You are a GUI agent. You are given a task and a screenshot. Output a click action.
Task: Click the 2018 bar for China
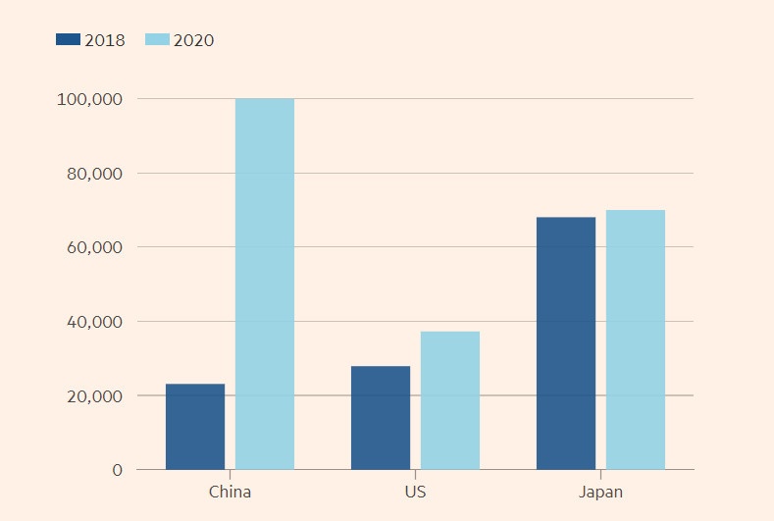(x=195, y=426)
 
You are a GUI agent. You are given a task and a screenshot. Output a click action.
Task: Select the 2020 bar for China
(x=265, y=284)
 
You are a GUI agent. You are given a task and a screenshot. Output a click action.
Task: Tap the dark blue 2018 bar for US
(x=381, y=417)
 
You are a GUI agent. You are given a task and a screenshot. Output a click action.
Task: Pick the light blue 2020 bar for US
(x=450, y=400)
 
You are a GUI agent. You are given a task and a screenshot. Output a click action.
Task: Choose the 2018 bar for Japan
(x=566, y=342)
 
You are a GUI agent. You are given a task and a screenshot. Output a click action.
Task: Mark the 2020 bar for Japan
(x=636, y=339)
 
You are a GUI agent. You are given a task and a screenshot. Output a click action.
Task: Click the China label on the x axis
(x=230, y=492)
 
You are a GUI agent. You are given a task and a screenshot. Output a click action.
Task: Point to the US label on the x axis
(x=415, y=492)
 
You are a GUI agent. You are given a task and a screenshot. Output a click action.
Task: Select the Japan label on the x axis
(x=600, y=492)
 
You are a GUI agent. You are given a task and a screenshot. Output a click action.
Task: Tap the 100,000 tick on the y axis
(x=90, y=99)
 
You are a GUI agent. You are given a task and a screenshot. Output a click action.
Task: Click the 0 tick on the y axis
(x=117, y=470)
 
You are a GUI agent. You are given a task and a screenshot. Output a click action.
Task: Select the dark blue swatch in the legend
(x=68, y=40)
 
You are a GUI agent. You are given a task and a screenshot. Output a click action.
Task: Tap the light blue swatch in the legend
(x=157, y=40)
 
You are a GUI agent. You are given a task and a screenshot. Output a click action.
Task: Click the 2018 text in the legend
(x=105, y=40)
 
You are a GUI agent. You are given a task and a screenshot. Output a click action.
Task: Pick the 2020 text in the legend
(x=193, y=40)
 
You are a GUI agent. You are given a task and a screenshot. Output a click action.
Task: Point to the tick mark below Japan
(x=600, y=474)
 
